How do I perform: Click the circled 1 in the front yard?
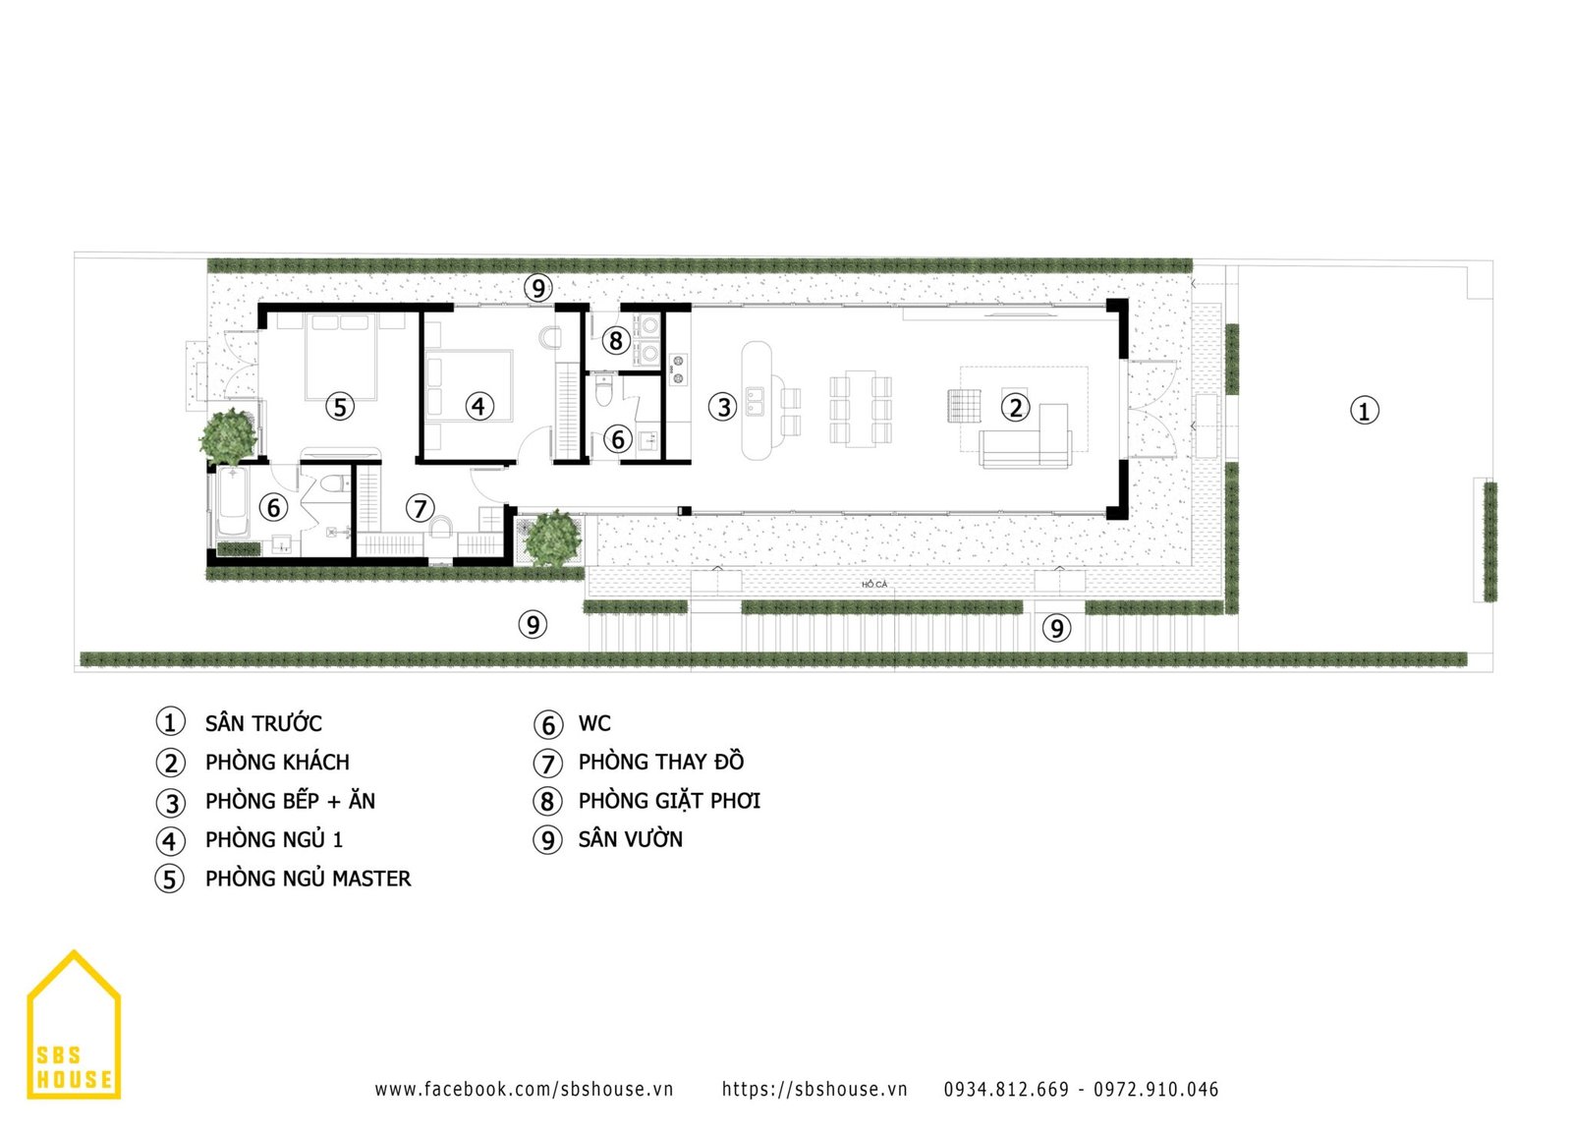[x=1365, y=411]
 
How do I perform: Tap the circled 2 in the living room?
[x=1015, y=407]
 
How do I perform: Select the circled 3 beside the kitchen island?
[x=723, y=407]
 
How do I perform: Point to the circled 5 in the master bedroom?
[x=340, y=407]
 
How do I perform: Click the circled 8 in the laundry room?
[x=615, y=340]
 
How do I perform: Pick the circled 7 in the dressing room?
[x=420, y=507]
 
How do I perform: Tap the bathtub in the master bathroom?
[x=232, y=502]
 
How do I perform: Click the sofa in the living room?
[x=1027, y=437]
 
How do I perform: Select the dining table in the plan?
[x=861, y=408]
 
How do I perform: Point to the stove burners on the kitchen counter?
[x=678, y=369]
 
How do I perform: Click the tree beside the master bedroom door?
[x=227, y=436]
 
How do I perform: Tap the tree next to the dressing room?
[x=553, y=538]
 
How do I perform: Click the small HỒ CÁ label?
[x=874, y=584]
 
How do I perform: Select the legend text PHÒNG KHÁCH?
[x=277, y=763]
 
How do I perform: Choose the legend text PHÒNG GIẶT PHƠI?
[x=669, y=801]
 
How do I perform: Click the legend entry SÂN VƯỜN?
[x=608, y=839]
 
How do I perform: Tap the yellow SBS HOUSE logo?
[x=74, y=1025]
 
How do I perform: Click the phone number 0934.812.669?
[x=1006, y=1089]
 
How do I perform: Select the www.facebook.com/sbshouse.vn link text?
[x=524, y=1089]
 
